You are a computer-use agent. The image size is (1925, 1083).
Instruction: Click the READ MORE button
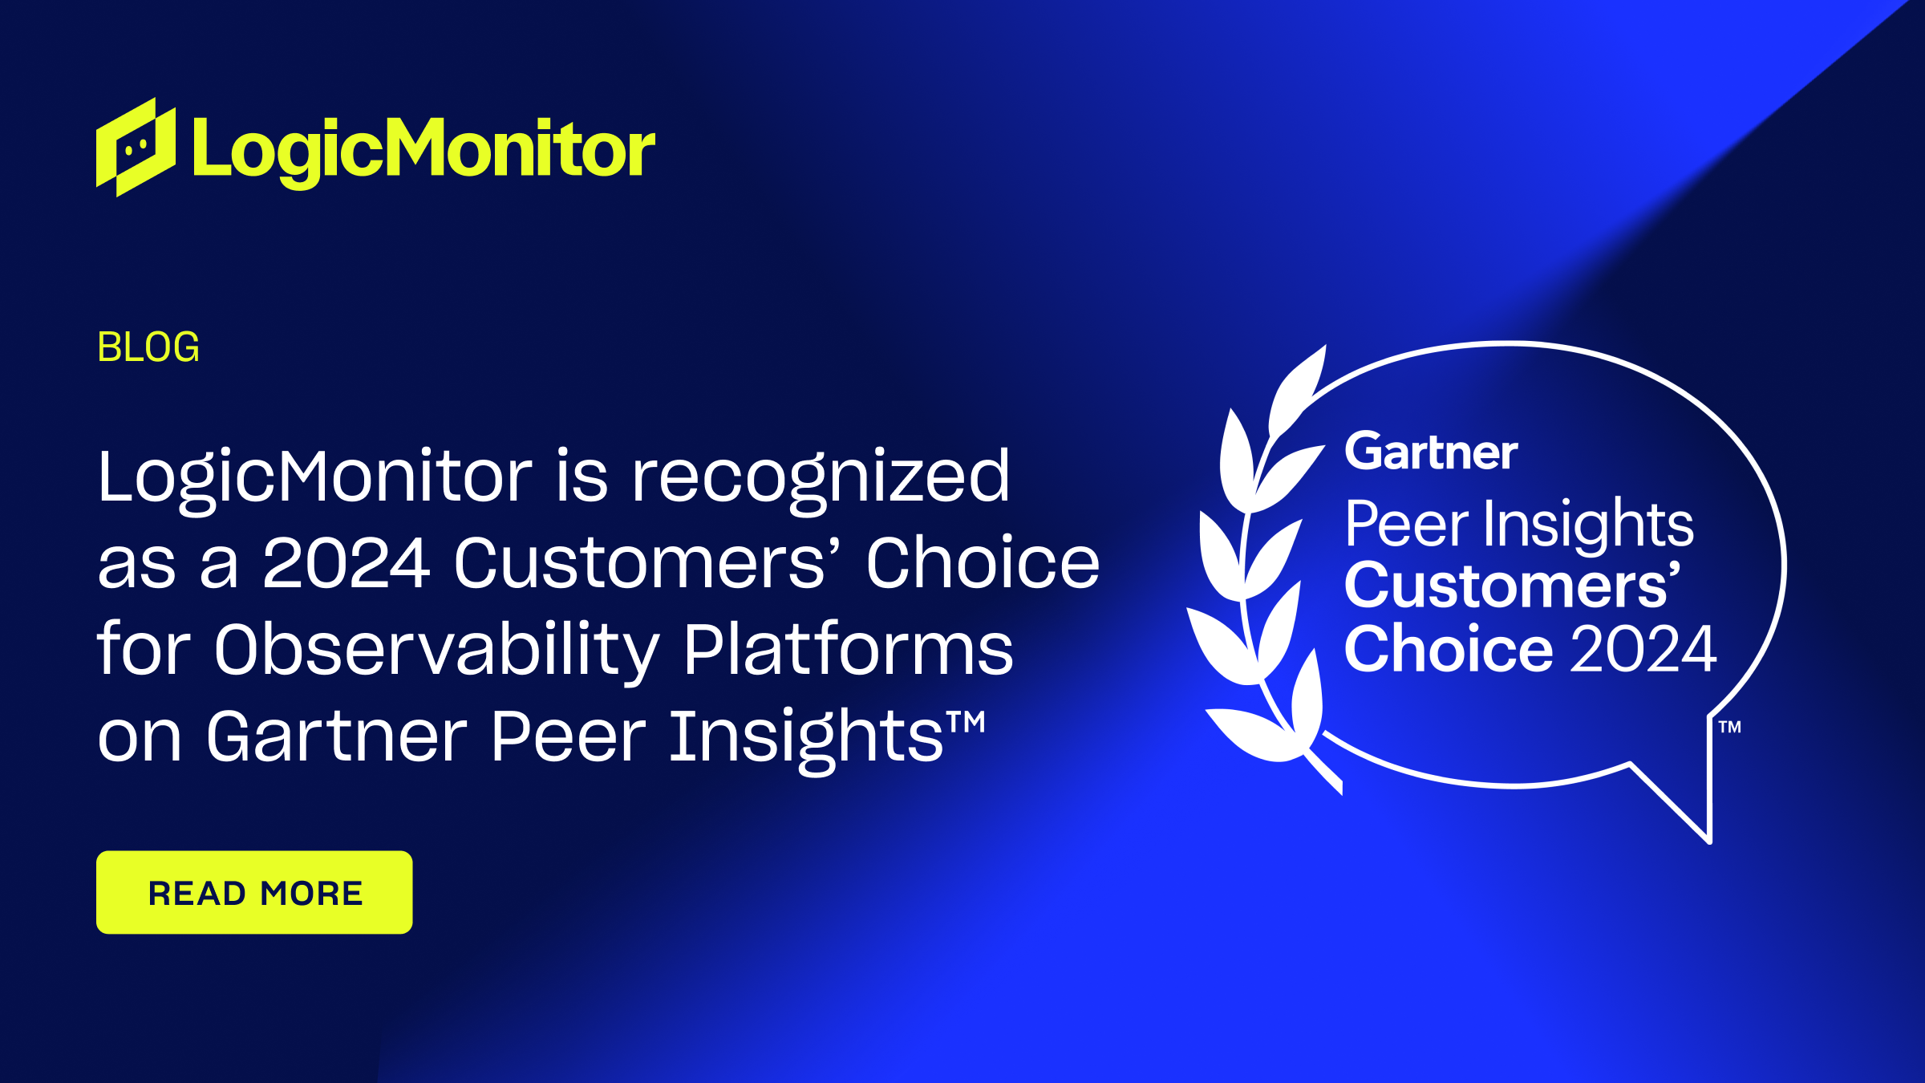point(254,892)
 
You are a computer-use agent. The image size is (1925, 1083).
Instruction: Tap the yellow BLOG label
point(148,347)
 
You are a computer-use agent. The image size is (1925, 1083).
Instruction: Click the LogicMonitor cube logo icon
point(136,148)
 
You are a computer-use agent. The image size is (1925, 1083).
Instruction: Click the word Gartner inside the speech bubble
point(1431,452)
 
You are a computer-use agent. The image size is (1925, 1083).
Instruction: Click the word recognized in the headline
point(820,477)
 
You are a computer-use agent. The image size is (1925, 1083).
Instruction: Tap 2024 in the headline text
point(346,563)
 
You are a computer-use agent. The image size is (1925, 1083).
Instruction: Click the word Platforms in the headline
point(849,650)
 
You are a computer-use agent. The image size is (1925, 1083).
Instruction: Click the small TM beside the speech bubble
point(1729,728)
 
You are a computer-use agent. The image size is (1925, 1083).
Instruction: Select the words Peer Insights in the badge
point(1519,524)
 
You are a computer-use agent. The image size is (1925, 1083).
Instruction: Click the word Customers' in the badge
point(1511,586)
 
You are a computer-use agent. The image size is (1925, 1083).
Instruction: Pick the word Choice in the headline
point(982,563)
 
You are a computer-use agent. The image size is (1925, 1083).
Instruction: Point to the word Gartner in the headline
point(337,736)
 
